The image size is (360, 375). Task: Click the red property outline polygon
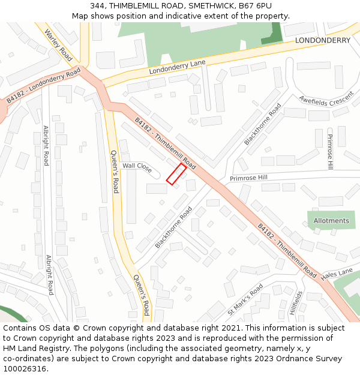(x=176, y=173)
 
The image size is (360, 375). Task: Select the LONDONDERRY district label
(x=322, y=40)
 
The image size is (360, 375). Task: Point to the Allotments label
(x=331, y=221)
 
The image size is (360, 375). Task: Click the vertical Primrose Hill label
(x=329, y=151)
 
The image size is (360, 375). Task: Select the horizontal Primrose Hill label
(x=248, y=178)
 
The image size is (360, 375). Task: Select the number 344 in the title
(x=98, y=5)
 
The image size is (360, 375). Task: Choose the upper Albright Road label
(x=46, y=146)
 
